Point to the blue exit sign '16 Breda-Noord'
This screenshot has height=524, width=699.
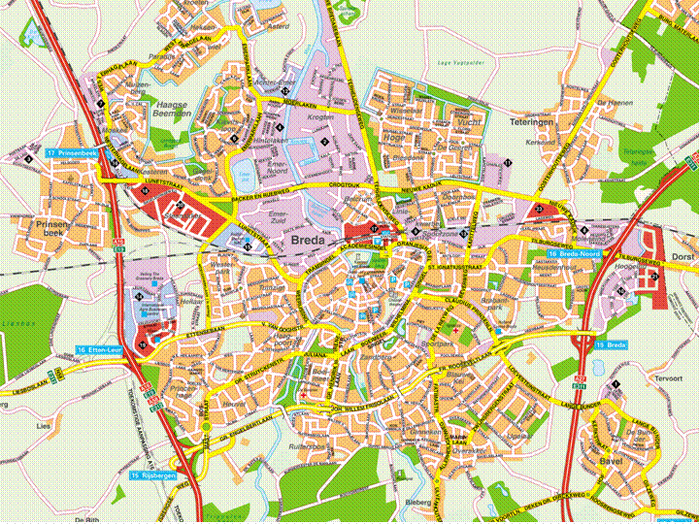click(x=574, y=253)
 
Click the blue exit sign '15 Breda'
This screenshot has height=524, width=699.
click(x=611, y=344)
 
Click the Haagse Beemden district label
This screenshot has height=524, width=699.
click(x=176, y=109)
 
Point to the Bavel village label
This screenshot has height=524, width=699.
click(x=610, y=461)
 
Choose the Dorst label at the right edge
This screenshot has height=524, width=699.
click(x=682, y=256)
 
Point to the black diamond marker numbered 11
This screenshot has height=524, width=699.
click(x=507, y=162)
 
